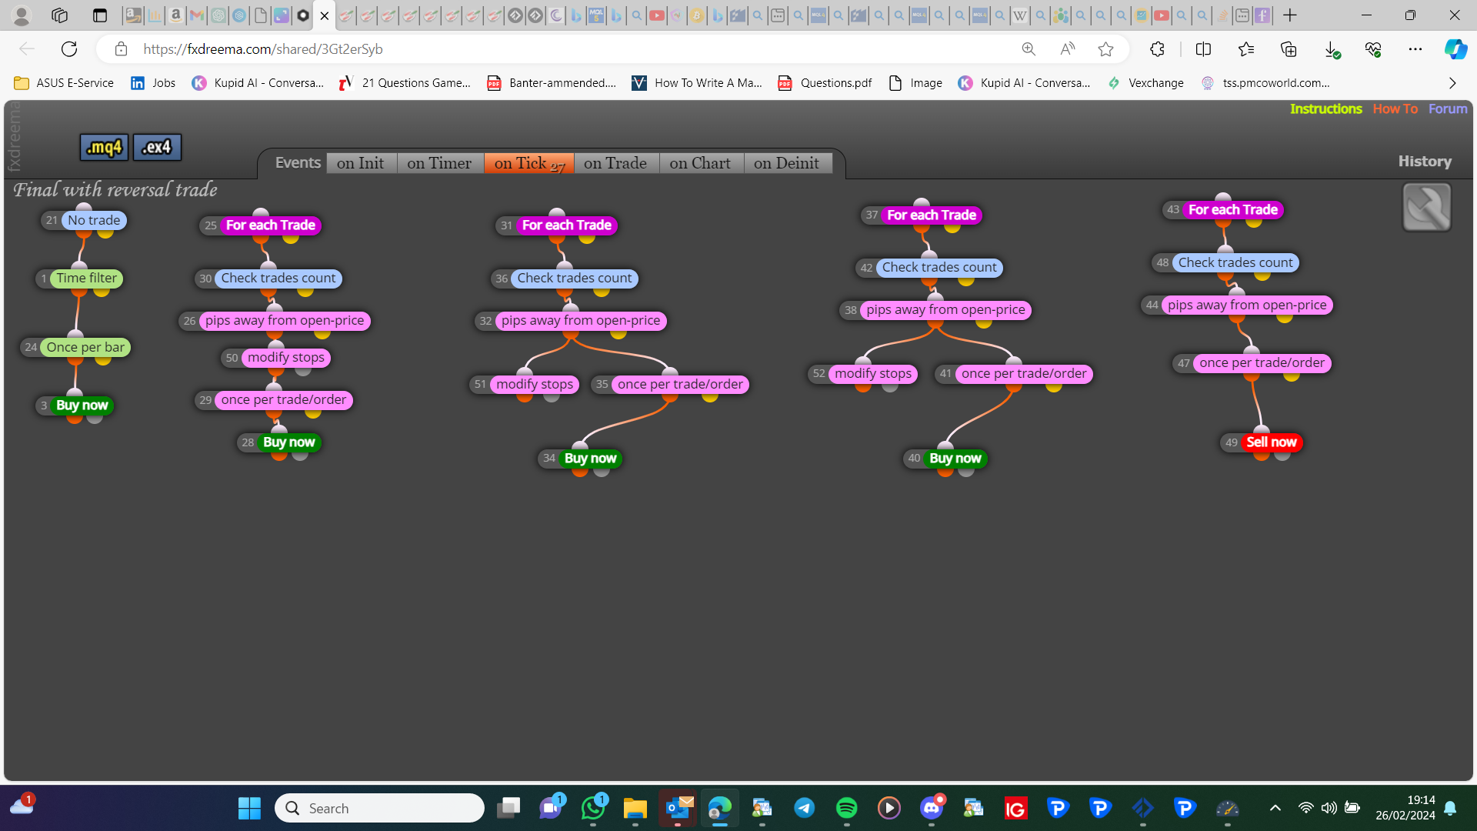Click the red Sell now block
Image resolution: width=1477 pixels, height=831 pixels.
[1271, 442]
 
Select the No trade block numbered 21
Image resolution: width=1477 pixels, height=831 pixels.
[93, 220]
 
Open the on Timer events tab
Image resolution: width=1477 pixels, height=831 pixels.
[439, 163]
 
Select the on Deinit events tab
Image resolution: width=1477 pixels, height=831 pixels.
[786, 163]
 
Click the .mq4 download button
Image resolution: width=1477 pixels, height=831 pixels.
[104, 147]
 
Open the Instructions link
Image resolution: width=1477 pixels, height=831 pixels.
[1325, 109]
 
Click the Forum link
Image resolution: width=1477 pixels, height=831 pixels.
[1448, 109]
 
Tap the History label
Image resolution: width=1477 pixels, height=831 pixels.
[1425, 162]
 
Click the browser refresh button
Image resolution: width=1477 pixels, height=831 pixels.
[69, 49]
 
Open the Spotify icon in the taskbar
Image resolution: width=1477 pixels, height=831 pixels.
[846, 808]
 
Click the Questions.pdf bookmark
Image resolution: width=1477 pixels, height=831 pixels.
[825, 83]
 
